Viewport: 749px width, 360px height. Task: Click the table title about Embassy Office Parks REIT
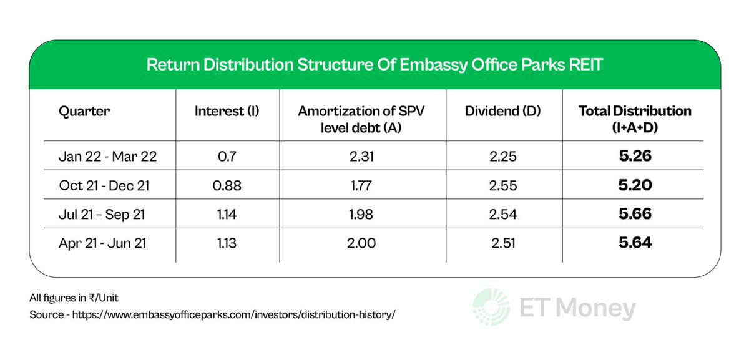pos(374,65)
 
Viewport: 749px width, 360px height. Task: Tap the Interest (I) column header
pos(227,112)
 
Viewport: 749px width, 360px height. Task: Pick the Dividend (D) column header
pos(502,112)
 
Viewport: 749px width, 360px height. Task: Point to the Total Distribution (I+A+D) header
pos(635,119)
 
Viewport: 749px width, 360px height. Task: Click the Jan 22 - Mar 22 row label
pos(107,157)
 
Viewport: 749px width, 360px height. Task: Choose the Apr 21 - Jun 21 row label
pos(102,243)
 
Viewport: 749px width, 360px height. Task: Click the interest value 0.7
pos(227,157)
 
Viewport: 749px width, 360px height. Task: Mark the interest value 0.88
pos(227,185)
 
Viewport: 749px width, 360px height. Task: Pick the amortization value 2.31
pos(363,157)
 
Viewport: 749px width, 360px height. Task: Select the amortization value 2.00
pos(363,243)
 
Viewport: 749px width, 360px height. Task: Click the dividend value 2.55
pos(503,185)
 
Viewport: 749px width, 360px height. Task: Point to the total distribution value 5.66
pos(635,214)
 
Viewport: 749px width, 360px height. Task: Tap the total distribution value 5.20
pos(635,185)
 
